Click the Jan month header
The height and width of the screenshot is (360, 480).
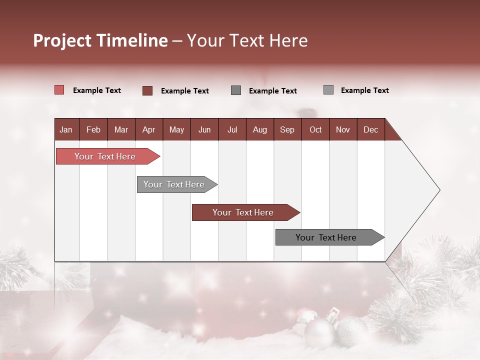pos(66,129)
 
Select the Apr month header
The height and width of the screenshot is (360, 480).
pos(148,129)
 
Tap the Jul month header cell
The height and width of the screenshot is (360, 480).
pos(232,129)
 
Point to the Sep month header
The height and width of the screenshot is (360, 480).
pos(287,129)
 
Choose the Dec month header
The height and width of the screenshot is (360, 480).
pos(370,129)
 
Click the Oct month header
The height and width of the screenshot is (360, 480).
pos(315,129)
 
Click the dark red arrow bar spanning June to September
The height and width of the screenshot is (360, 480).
pos(244,212)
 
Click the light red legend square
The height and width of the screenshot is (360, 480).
pos(59,90)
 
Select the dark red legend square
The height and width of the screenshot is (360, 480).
pos(147,90)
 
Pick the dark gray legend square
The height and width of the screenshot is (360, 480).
pos(236,90)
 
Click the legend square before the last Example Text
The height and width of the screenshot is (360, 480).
pos(328,90)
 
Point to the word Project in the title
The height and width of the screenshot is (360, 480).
pos(62,40)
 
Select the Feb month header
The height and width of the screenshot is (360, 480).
pos(93,129)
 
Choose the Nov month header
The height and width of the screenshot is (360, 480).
pos(342,129)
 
